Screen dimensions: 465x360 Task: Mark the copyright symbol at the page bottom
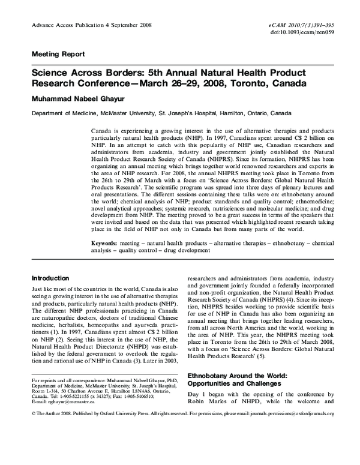click(33, 414)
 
